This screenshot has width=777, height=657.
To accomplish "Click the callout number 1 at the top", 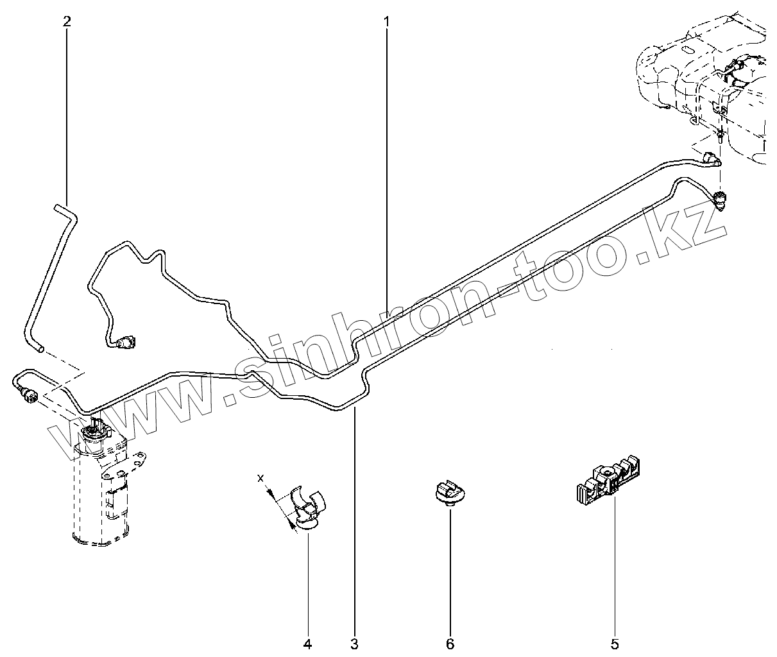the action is (386, 22).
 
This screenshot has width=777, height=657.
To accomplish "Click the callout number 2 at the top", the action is (67, 21).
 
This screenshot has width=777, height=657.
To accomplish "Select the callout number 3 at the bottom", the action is (354, 644).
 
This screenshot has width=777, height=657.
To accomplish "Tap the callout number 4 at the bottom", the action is (307, 644).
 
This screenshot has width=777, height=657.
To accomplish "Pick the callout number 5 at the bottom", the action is (614, 644).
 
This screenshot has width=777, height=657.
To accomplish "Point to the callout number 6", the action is (450, 644).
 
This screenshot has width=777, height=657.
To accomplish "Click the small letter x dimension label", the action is (260, 478).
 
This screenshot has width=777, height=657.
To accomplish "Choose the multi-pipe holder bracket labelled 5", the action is (608, 483).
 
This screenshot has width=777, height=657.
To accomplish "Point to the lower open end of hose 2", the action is (40, 350).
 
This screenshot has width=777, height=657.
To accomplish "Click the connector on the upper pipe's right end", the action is (712, 160).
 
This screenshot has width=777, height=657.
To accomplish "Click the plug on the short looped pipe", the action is (126, 343).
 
